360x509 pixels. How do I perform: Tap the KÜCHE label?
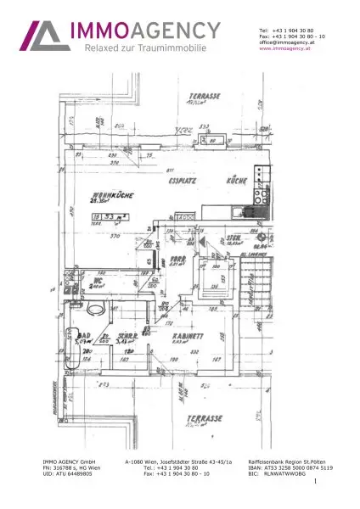(236, 181)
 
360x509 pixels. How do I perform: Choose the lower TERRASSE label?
(205, 417)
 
